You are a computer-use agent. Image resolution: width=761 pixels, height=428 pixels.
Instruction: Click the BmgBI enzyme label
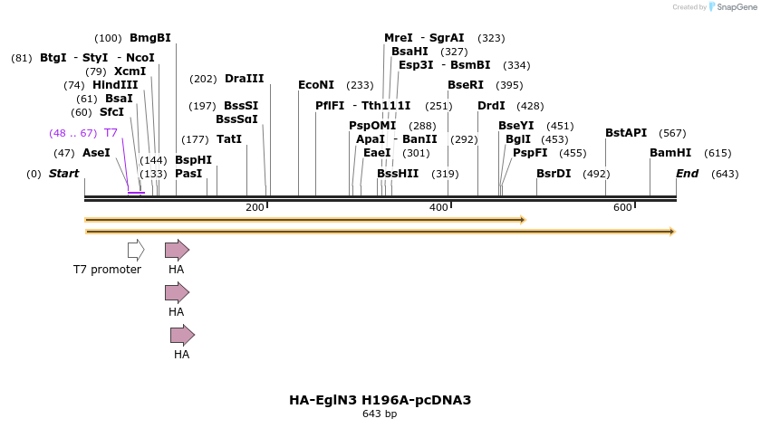tap(149, 38)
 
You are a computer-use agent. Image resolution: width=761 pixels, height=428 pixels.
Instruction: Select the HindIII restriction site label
tap(115, 85)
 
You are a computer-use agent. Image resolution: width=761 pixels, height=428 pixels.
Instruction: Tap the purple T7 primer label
tap(111, 133)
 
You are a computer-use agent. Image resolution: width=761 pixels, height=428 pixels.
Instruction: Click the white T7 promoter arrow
tap(136, 250)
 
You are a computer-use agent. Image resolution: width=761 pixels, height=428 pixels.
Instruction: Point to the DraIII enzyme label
tap(244, 79)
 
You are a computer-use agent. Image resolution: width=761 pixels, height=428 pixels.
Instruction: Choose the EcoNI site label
tap(316, 85)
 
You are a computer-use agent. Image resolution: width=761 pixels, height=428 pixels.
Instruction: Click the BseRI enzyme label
tap(466, 85)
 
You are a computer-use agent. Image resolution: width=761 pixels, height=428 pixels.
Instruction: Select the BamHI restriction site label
tap(670, 153)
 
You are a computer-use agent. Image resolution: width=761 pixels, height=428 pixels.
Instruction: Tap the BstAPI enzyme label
tap(626, 133)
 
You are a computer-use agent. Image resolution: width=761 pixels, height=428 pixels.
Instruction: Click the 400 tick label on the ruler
tap(439, 208)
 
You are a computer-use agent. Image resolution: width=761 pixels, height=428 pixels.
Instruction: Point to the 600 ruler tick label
tap(622, 208)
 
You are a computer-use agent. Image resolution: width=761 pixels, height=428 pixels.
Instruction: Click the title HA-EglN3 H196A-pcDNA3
tap(380, 400)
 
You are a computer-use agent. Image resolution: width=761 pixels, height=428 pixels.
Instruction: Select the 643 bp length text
tap(380, 414)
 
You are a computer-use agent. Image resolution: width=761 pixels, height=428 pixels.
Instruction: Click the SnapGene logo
tap(731, 6)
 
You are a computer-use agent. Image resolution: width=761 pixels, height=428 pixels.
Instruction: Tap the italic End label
tap(688, 173)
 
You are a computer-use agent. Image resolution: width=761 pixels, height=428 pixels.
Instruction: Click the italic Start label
tap(63, 173)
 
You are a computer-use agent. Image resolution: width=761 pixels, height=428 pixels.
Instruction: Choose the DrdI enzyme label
tap(491, 106)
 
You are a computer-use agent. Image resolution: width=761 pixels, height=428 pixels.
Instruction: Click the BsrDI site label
tap(554, 173)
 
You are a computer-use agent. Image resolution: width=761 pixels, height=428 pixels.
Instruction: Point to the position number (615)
tap(718, 153)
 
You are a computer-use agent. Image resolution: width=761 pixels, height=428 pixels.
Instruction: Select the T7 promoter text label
tap(107, 270)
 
